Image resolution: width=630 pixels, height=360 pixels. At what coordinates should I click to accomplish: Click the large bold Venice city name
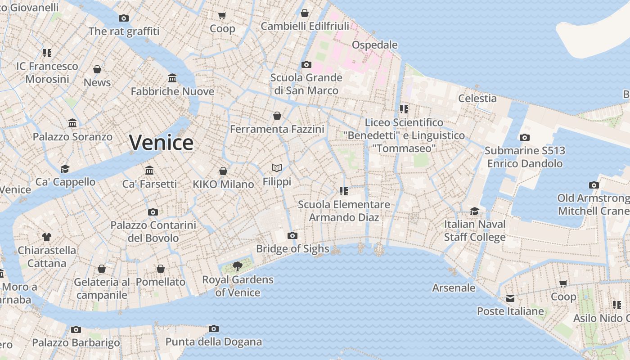161,143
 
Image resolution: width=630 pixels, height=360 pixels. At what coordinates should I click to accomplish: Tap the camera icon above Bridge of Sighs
292,235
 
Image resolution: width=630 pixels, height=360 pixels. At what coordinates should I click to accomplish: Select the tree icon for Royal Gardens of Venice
237,266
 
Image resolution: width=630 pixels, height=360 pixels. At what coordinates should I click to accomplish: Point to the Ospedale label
374,45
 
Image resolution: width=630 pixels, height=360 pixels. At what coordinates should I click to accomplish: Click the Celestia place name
477,98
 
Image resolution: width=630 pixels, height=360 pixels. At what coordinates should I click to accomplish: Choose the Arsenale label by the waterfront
454,288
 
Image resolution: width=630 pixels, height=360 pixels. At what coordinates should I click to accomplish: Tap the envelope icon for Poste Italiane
510,298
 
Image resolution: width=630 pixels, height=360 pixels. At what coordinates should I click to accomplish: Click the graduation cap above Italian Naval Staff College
474,211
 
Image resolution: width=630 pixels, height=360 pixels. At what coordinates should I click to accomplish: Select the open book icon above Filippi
277,168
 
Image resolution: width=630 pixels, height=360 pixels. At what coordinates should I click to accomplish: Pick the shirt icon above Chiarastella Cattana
47,237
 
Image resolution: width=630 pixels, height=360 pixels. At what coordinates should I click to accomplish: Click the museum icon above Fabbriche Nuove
172,78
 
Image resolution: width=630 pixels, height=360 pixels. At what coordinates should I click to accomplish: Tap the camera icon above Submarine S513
525,137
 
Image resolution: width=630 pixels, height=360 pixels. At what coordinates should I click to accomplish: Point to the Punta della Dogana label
213,342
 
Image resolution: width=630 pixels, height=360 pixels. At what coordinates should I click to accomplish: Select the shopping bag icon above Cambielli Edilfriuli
305,13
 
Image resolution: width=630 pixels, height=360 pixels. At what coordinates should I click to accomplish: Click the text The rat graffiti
124,31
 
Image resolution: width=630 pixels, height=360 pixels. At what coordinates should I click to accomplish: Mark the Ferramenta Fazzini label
277,129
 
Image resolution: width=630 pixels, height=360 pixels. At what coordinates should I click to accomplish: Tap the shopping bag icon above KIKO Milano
223,171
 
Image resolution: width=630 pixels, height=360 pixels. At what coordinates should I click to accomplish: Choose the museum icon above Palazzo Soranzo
72,123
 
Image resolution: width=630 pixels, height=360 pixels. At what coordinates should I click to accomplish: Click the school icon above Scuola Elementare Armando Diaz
344,191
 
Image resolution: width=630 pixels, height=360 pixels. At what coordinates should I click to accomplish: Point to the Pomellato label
161,282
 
